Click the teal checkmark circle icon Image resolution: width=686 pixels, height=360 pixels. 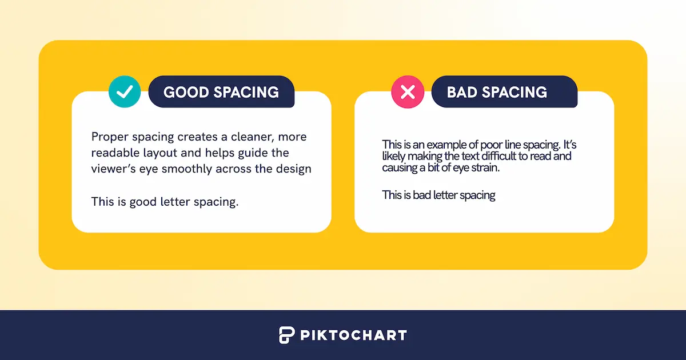(x=125, y=91)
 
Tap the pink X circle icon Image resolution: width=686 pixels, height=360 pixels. (x=408, y=92)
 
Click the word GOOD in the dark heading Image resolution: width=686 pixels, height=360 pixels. (x=186, y=92)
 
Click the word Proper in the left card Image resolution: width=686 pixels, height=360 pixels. (x=110, y=137)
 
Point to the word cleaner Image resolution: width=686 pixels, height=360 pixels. (x=253, y=137)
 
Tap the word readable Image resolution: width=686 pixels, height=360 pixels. (x=115, y=153)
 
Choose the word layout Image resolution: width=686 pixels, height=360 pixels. (x=160, y=153)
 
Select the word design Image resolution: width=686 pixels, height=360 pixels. (x=294, y=169)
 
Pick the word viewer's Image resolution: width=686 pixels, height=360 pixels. (x=113, y=169)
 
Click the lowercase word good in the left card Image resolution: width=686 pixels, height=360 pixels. (x=143, y=202)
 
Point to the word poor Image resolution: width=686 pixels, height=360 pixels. (x=493, y=145)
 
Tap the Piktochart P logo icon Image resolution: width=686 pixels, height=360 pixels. (x=286, y=335)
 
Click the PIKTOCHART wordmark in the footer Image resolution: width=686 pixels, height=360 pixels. (x=354, y=335)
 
